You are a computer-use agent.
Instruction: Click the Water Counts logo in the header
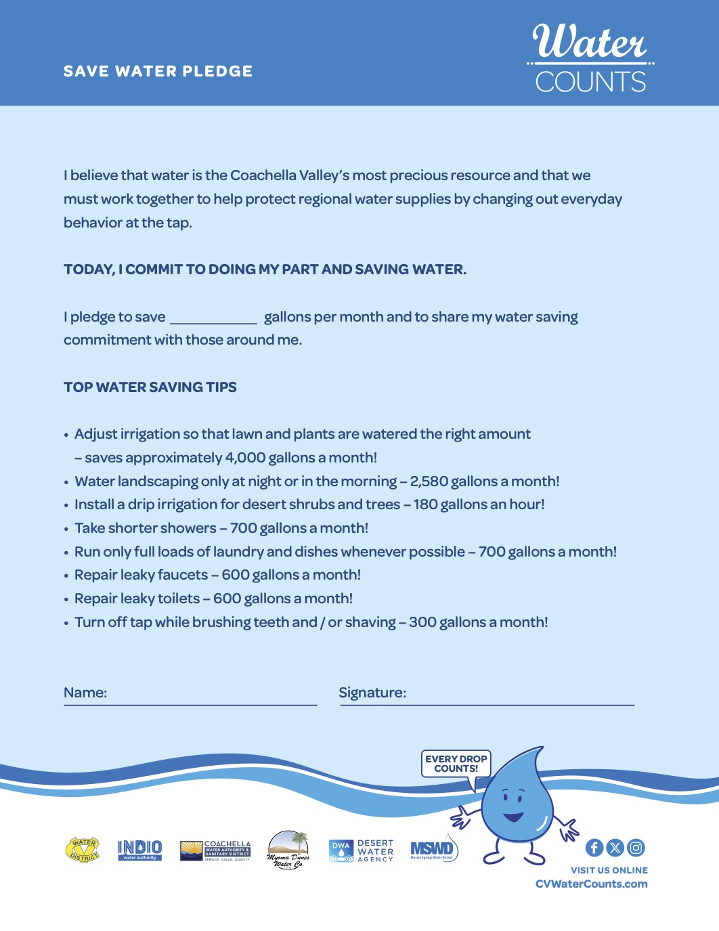point(590,59)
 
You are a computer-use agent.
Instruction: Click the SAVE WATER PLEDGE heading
point(158,71)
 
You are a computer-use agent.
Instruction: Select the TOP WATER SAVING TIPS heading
point(150,387)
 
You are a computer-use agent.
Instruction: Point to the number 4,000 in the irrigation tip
point(245,458)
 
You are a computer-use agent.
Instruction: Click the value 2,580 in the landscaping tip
point(429,481)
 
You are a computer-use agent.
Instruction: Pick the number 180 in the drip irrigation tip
point(425,504)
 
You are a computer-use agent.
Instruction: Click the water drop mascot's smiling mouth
point(513,817)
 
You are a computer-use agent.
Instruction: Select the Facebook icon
point(594,848)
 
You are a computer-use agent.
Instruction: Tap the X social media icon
point(615,848)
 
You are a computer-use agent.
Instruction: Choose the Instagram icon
point(636,848)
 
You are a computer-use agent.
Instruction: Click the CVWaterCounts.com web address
point(591,884)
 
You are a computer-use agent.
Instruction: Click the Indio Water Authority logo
point(139,850)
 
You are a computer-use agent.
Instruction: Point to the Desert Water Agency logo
point(361,851)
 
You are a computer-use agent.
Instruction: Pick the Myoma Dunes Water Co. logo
point(288,850)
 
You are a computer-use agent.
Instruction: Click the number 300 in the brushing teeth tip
point(422,622)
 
